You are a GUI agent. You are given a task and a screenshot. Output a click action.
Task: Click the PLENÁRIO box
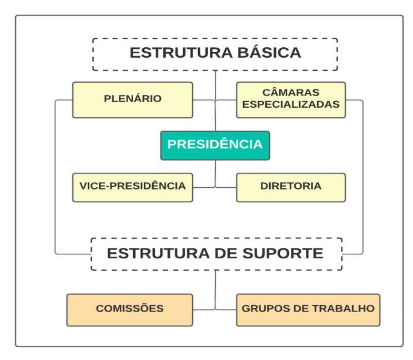click(x=133, y=100)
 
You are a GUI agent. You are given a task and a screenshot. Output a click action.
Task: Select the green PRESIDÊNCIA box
click(x=215, y=146)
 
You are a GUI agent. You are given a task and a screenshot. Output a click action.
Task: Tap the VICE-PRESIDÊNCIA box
click(x=133, y=187)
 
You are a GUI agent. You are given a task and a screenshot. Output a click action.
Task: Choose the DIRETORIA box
click(x=291, y=187)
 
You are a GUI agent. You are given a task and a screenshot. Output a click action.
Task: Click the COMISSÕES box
click(x=129, y=310)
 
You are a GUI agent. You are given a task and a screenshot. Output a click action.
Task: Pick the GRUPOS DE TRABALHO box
click(x=308, y=310)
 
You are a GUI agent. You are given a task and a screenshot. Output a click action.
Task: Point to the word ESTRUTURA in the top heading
click(x=181, y=52)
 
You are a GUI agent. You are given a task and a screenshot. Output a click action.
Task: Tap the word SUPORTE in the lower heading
click(x=283, y=253)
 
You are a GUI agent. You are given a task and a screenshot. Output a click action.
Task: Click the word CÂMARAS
click(x=291, y=92)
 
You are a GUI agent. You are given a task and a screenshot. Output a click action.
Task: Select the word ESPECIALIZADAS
click(x=291, y=104)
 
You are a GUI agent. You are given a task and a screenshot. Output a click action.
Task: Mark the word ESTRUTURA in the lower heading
click(x=158, y=253)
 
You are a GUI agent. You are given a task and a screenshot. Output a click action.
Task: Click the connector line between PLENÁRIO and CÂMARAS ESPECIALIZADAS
click(x=215, y=100)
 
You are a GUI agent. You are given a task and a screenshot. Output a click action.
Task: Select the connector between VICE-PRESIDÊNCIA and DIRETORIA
click(x=215, y=187)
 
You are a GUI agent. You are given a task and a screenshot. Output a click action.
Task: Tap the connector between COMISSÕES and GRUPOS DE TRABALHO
click(x=215, y=309)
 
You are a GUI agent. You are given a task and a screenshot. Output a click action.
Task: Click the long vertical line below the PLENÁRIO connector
click(x=55, y=177)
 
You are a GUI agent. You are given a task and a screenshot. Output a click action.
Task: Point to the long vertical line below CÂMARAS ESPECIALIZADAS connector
click(x=362, y=177)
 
